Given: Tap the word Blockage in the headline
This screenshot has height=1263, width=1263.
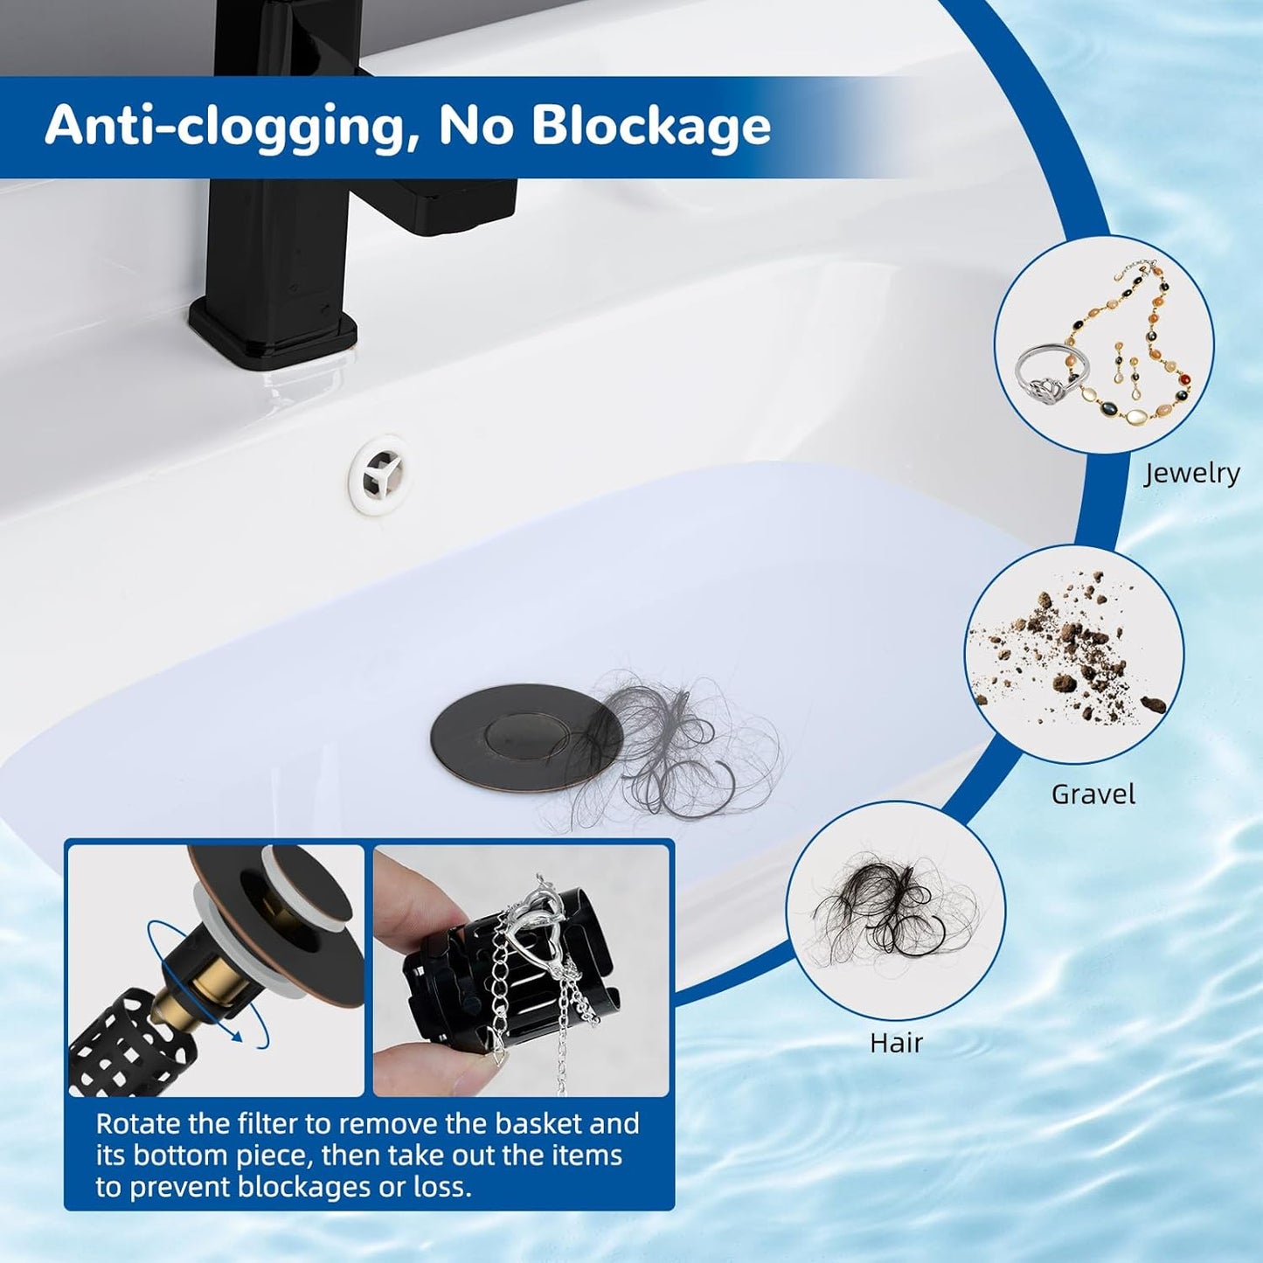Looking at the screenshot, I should (x=651, y=125).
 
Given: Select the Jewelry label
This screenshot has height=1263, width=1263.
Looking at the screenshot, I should (x=1191, y=473).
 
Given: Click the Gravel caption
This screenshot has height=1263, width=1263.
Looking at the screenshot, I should (x=1093, y=795).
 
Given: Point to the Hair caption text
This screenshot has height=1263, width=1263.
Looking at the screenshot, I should (x=896, y=1043).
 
